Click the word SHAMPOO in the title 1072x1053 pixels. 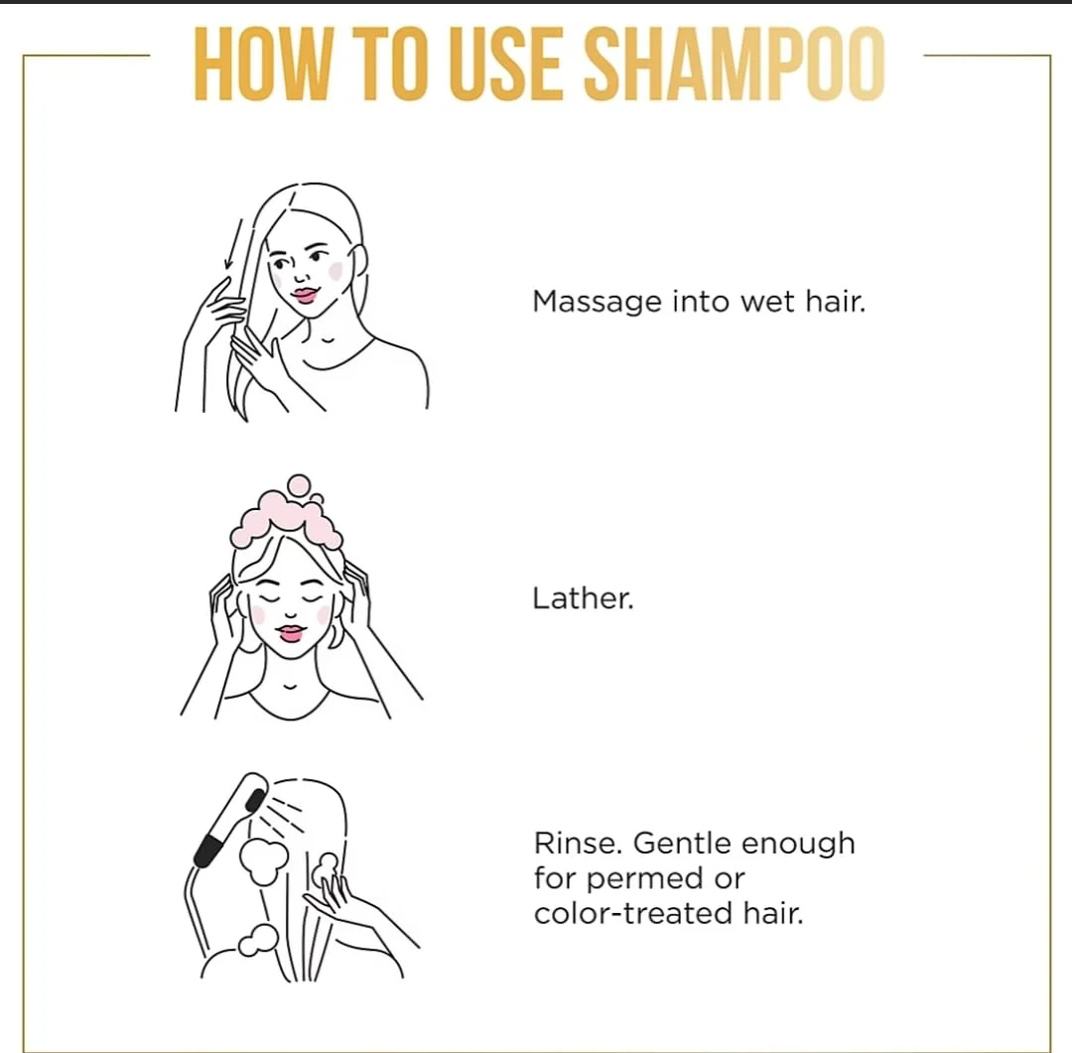coord(735,65)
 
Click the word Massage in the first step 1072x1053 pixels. coord(597,303)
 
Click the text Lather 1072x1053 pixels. coord(584,598)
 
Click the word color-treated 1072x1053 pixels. coord(633,913)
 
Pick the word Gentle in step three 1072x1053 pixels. coord(684,845)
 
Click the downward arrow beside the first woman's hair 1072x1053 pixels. coord(233,245)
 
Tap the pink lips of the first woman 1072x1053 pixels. coord(305,296)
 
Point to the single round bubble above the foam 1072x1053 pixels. coord(299,484)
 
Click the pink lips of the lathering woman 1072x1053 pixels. coord(291,633)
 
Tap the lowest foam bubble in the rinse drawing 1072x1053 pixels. coord(258,940)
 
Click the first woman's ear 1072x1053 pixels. coord(357,263)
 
